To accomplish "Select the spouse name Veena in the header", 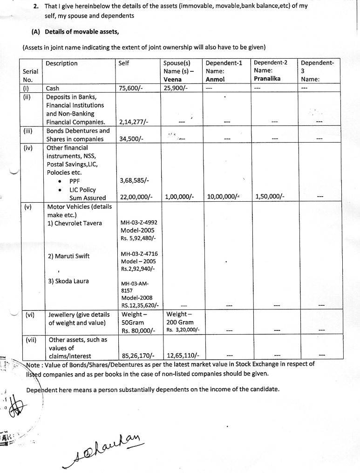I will pyautogui.click(x=173, y=79).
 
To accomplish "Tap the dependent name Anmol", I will pyautogui.click(x=215, y=79).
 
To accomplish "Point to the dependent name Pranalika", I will pyautogui.click(x=267, y=79).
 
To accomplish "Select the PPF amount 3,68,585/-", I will pyautogui.click(x=135, y=180).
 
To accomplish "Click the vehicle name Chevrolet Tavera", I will pyautogui.click(x=75, y=223).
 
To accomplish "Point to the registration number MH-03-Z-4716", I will pyautogui.click(x=139, y=254).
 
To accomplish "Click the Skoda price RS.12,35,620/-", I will pyautogui.click(x=140, y=306).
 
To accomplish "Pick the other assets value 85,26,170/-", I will pyautogui.click(x=138, y=356).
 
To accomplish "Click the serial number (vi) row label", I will pyautogui.click(x=30, y=315).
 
